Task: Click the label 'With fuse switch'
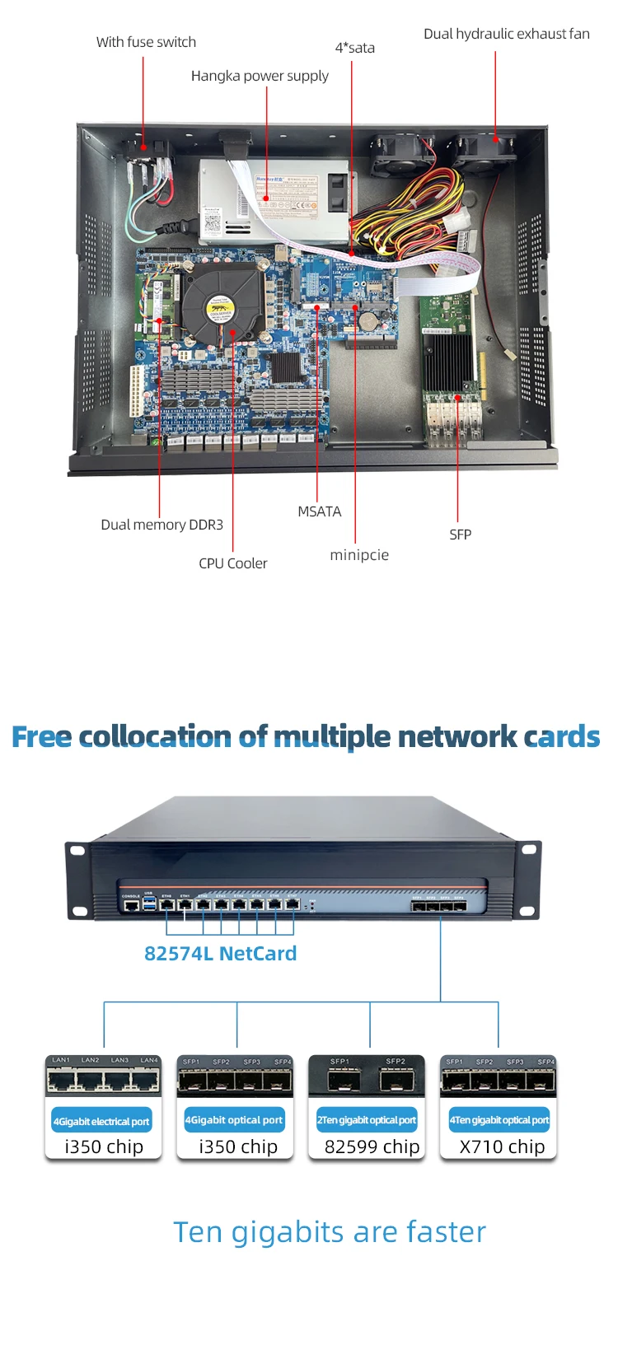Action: click(146, 42)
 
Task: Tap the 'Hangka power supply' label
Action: click(260, 76)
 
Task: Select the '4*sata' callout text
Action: click(354, 48)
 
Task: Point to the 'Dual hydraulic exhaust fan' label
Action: click(506, 34)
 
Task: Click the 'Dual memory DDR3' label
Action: click(162, 525)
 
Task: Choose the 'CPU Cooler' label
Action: click(232, 563)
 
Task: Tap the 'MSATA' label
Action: click(319, 511)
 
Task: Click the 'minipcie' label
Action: click(359, 555)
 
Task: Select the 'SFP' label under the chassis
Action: click(460, 535)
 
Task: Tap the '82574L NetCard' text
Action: click(220, 954)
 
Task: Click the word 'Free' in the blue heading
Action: click(41, 736)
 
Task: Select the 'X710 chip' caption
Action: click(502, 1147)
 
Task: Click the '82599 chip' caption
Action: click(372, 1147)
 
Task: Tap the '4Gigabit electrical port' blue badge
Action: click(101, 1121)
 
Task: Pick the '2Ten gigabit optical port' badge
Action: click(367, 1120)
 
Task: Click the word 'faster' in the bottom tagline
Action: click(446, 1232)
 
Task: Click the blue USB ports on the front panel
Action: click(149, 905)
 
